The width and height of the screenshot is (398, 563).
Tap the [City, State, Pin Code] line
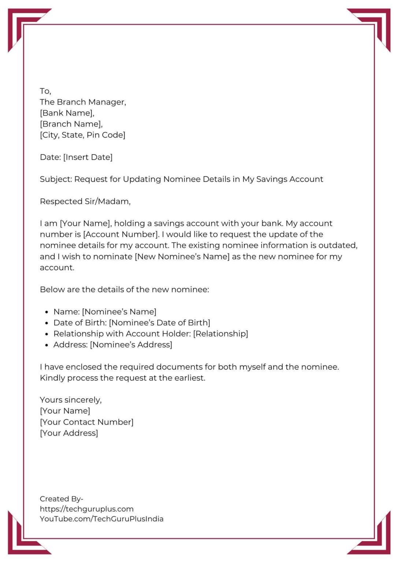tap(82, 135)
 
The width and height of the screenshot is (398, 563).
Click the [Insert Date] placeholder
tap(88, 157)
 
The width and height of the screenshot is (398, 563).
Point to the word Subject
tap(56, 179)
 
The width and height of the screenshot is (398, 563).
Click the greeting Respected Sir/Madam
tap(85, 201)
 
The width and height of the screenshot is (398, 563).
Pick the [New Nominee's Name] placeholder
tap(182, 257)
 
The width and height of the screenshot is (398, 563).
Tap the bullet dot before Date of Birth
tap(47, 323)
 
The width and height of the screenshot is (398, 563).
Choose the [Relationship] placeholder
tap(221, 334)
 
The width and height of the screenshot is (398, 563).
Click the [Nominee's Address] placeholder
tap(131, 345)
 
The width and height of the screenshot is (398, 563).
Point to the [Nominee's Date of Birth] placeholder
tap(159, 323)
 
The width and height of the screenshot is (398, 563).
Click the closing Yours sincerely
tap(71, 400)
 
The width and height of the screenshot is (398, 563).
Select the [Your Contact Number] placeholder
tap(86, 422)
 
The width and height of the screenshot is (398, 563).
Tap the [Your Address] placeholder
tap(69, 433)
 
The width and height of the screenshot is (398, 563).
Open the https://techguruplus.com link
tap(86, 509)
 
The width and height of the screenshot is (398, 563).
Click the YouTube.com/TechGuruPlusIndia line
tap(102, 519)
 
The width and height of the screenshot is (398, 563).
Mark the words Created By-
tap(61, 499)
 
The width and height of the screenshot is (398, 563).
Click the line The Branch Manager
tap(83, 102)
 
